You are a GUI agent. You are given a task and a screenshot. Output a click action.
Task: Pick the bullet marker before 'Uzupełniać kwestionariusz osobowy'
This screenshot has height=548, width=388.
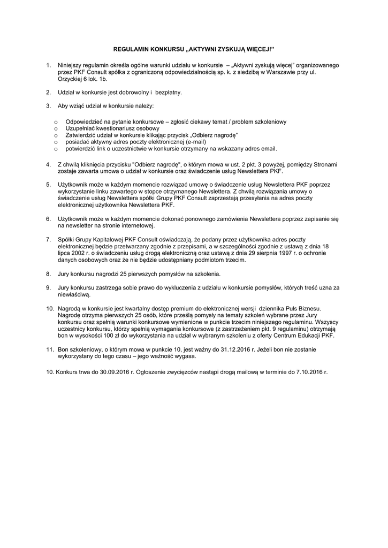pos(56,129)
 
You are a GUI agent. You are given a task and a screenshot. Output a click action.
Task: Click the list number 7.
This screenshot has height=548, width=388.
pos(48,239)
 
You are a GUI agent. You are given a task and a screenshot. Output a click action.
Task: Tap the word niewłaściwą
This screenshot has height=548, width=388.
pos(74,294)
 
